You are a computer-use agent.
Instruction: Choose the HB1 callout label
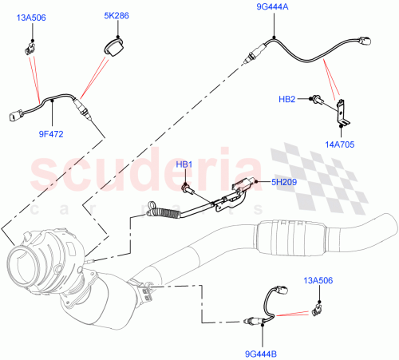(x=184, y=164)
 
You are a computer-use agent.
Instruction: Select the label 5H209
(x=282, y=184)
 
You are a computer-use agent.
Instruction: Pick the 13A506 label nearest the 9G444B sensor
(x=318, y=280)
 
